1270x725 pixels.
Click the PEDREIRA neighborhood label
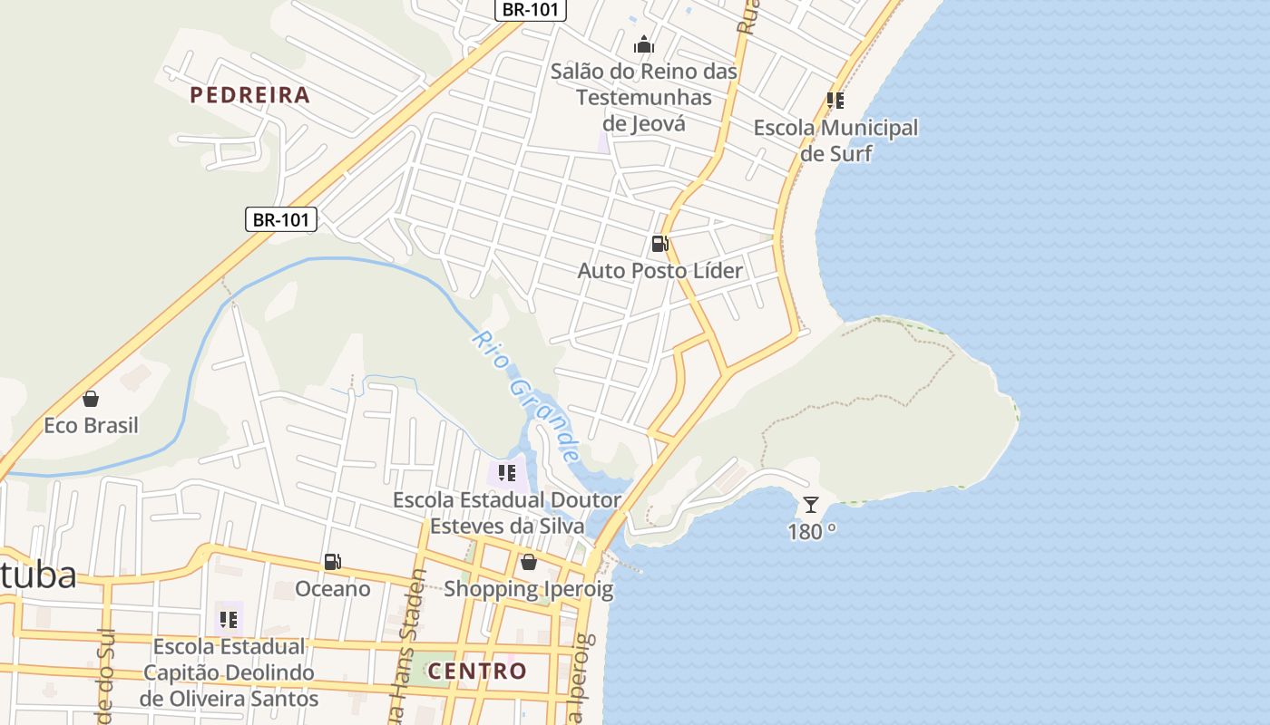(x=249, y=95)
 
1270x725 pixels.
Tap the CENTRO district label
(x=477, y=672)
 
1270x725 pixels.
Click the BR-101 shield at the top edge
(x=531, y=10)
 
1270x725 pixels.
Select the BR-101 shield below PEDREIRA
(x=281, y=219)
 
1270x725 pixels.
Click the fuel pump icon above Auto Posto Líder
(x=659, y=243)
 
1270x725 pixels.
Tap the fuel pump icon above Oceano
(x=333, y=562)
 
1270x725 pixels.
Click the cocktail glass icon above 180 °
(x=811, y=505)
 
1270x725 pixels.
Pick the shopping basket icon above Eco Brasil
(x=91, y=399)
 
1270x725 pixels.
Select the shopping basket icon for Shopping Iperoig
(x=529, y=562)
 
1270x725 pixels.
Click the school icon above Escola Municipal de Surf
(x=835, y=101)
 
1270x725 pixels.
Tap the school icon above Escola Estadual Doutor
(x=507, y=472)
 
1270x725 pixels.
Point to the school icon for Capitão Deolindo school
(x=229, y=620)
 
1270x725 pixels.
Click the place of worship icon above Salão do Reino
(x=644, y=43)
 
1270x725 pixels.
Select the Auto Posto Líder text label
(x=660, y=271)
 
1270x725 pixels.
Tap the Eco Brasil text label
(x=91, y=426)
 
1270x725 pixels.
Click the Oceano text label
(x=333, y=590)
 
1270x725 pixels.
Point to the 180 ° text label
(x=812, y=532)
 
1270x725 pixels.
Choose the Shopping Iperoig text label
(x=528, y=590)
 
